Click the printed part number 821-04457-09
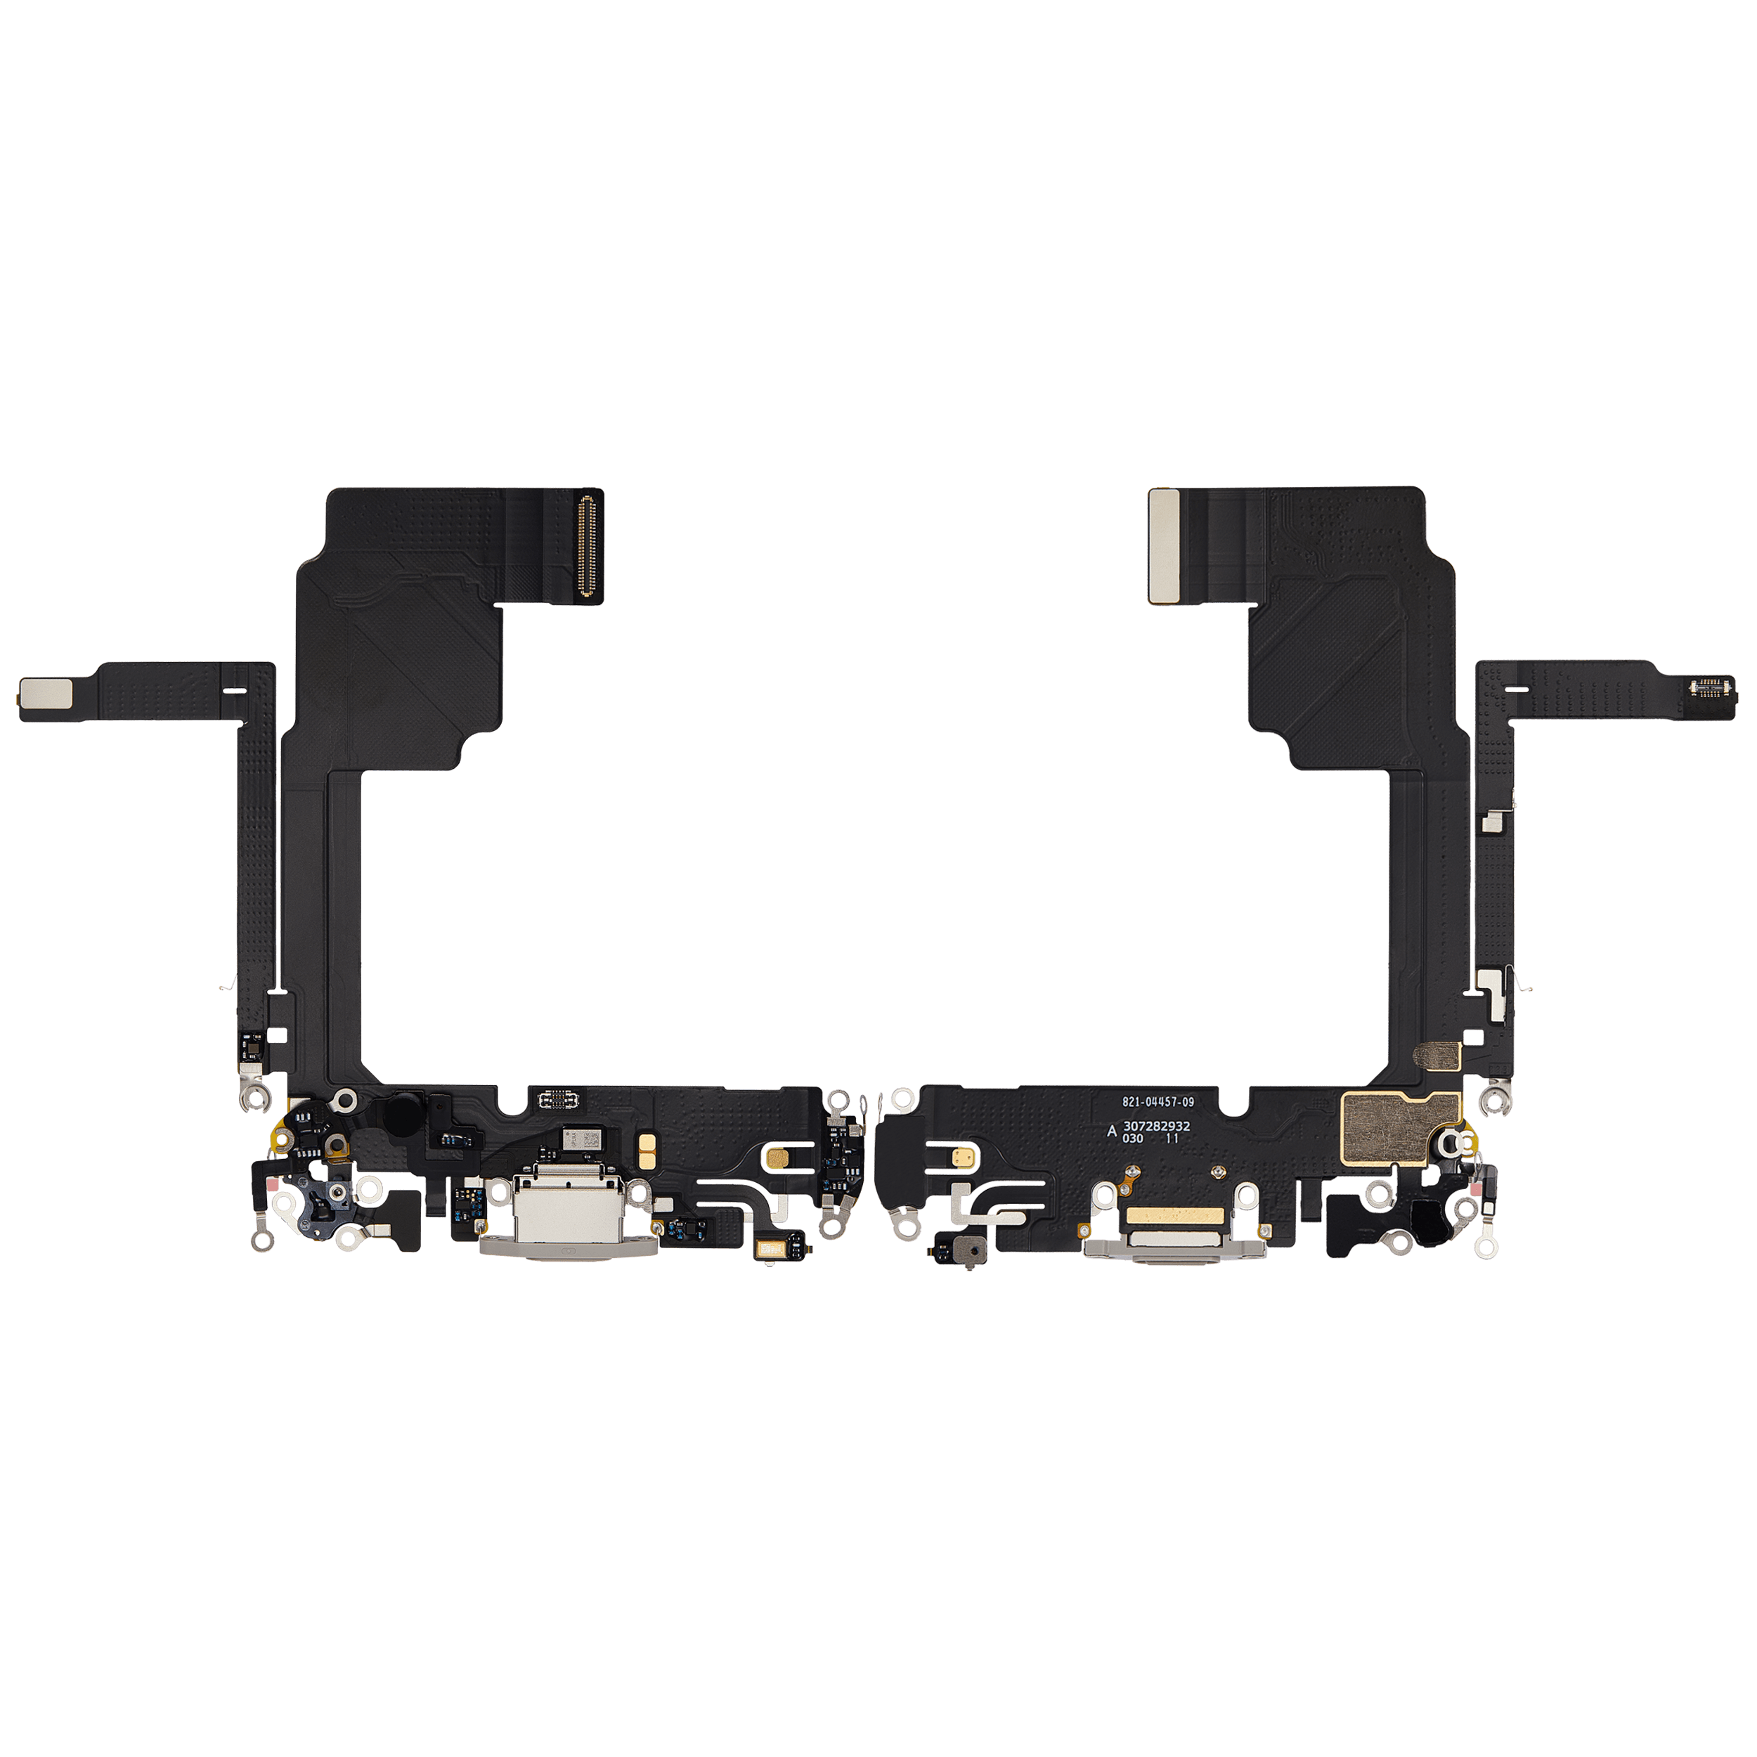(1157, 1101)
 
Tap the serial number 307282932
(1156, 1126)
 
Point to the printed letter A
(1110, 1132)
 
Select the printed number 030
(1132, 1139)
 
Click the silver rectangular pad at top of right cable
(1163, 545)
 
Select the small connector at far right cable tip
(1711, 686)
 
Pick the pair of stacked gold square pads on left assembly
(647, 1151)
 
